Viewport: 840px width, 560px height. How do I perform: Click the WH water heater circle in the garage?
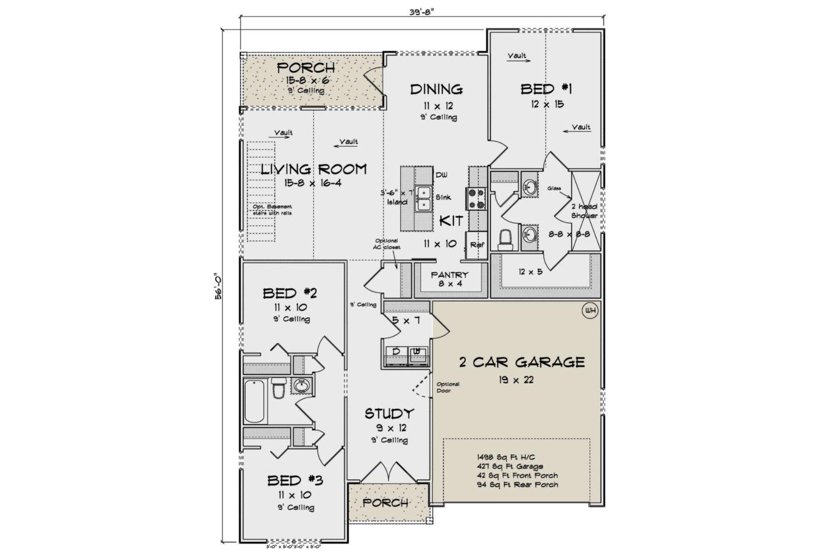tap(590, 311)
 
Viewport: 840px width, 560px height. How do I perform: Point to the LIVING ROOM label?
tap(313, 169)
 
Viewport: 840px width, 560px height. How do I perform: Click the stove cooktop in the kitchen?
tap(476, 198)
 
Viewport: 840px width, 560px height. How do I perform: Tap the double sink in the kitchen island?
tap(424, 198)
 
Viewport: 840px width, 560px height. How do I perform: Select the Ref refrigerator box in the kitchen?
tap(476, 245)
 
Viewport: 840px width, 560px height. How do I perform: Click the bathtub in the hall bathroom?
tap(255, 401)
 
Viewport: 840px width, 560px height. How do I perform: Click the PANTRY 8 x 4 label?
tap(449, 279)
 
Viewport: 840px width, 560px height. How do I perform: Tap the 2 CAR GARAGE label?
tap(522, 362)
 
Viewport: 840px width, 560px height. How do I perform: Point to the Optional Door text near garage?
tap(448, 387)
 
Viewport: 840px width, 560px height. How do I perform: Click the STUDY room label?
tap(389, 413)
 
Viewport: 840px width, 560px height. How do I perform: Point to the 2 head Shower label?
tap(584, 211)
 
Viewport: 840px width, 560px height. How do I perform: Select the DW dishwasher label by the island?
tap(441, 175)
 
